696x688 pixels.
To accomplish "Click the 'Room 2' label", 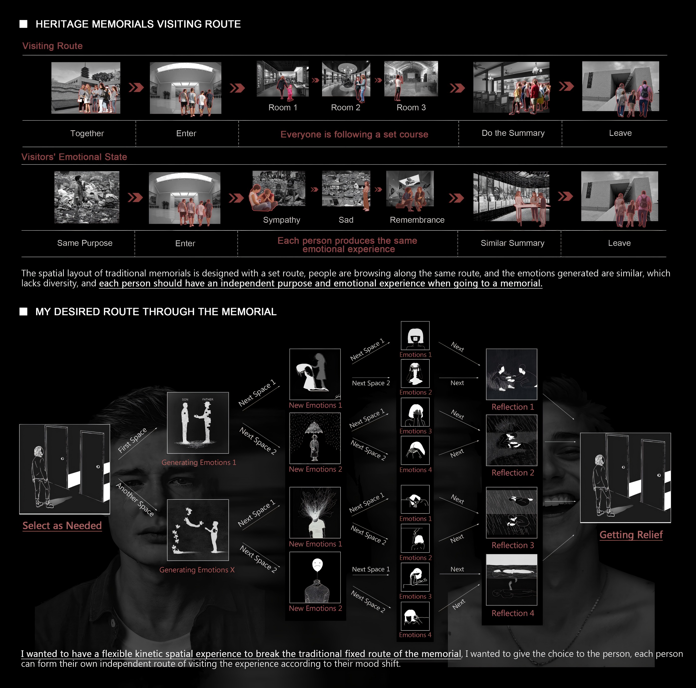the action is [346, 107].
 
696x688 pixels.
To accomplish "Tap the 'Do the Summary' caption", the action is [513, 133].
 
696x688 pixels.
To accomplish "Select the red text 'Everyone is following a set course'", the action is [354, 134].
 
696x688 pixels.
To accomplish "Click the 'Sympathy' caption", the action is [281, 220].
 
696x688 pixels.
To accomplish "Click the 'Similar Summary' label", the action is [512, 243].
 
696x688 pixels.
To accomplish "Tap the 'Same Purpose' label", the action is [85, 243].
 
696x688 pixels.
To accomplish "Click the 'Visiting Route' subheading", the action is [53, 46].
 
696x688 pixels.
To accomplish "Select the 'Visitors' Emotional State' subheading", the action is [74, 157].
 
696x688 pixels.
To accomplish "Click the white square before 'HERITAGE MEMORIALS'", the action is [23, 24].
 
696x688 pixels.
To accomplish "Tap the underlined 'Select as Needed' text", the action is [62, 526].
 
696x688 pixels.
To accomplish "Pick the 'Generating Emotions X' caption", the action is [197, 570].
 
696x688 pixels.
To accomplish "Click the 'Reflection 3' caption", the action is [513, 545].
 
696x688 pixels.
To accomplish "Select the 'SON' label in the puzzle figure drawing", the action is [185, 399].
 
